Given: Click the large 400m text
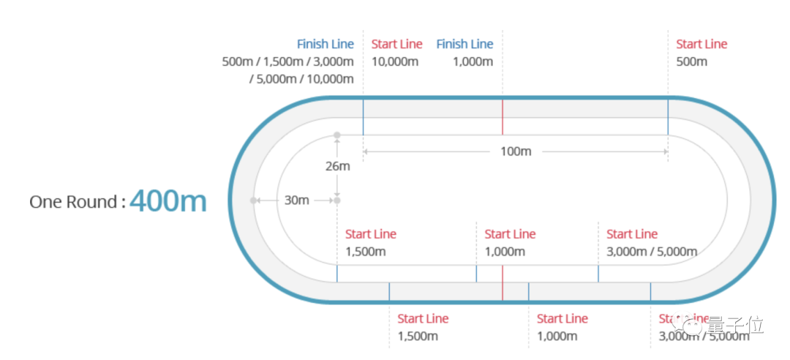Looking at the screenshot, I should click(168, 200).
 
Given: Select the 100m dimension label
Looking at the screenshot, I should click(515, 151).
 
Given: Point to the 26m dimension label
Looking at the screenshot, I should click(337, 166).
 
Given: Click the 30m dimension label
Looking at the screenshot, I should click(296, 200).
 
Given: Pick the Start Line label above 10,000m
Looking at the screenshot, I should click(396, 44).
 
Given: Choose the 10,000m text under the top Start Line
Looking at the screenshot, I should click(394, 61).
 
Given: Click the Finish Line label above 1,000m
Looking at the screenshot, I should click(464, 44).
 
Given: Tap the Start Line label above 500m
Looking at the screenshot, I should click(701, 44).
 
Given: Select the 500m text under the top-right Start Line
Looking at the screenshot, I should click(691, 61).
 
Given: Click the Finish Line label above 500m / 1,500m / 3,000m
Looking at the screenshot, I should click(325, 44).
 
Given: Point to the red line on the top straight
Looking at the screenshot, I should click(503, 117).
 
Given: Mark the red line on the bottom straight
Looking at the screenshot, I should click(503, 283).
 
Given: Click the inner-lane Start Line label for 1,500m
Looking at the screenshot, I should click(370, 234).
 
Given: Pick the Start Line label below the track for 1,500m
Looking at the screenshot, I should click(423, 318).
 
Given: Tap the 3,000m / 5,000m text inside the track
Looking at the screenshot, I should click(652, 252).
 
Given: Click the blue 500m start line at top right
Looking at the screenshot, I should click(668, 117).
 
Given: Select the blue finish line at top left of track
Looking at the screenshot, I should click(363, 117).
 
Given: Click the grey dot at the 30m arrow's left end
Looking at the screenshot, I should click(253, 200).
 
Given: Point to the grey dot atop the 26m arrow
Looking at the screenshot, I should click(337, 135).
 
